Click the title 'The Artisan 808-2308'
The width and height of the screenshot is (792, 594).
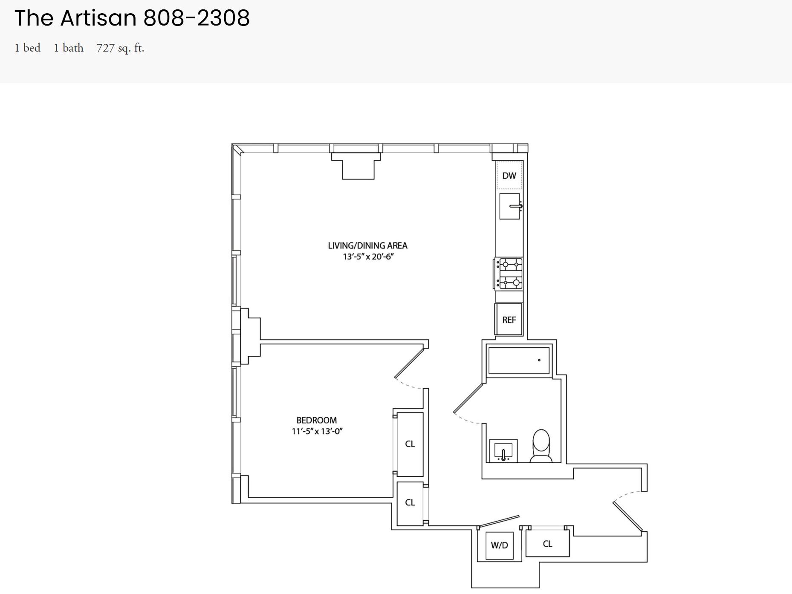pyautogui.click(x=132, y=18)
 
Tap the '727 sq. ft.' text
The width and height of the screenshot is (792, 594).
pyautogui.click(x=120, y=48)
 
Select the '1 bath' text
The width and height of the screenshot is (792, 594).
pyautogui.click(x=69, y=48)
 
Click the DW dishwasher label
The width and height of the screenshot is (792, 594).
pyautogui.click(x=509, y=176)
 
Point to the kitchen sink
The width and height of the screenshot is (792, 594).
pyautogui.click(x=510, y=206)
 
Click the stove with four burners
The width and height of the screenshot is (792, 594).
pyautogui.click(x=509, y=274)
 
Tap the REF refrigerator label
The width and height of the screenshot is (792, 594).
pyautogui.click(x=509, y=320)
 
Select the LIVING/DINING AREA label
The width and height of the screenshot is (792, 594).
pyautogui.click(x=367, y=245)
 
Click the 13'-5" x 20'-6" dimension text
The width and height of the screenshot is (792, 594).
pyautogui.click(x=368, y=257)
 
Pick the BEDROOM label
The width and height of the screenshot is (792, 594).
pyautogui.click(x=317, y=420)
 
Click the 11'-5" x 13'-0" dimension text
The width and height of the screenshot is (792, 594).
pyautogui.click(x=317, y=431)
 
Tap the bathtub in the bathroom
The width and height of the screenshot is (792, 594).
pyautogui.click(x=519, y=360)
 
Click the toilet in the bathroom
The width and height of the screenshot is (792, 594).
pyautogui.click(x=541, y=446)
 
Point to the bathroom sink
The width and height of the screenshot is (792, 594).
pyautogui.click(x=503, y=451)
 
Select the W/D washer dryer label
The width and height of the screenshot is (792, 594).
pyautogui.click(x=499, y=545)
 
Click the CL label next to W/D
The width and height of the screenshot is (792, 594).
pyautogui.click(x=547, y=544)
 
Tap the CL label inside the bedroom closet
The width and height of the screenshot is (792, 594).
pyautogui.click(x=410, y=444)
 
